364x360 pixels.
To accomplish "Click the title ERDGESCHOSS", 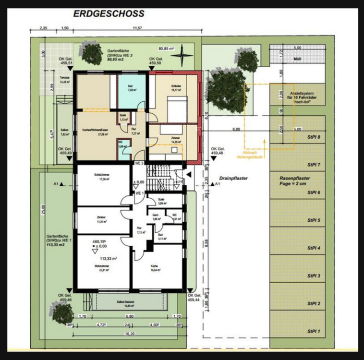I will click(108, 14).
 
